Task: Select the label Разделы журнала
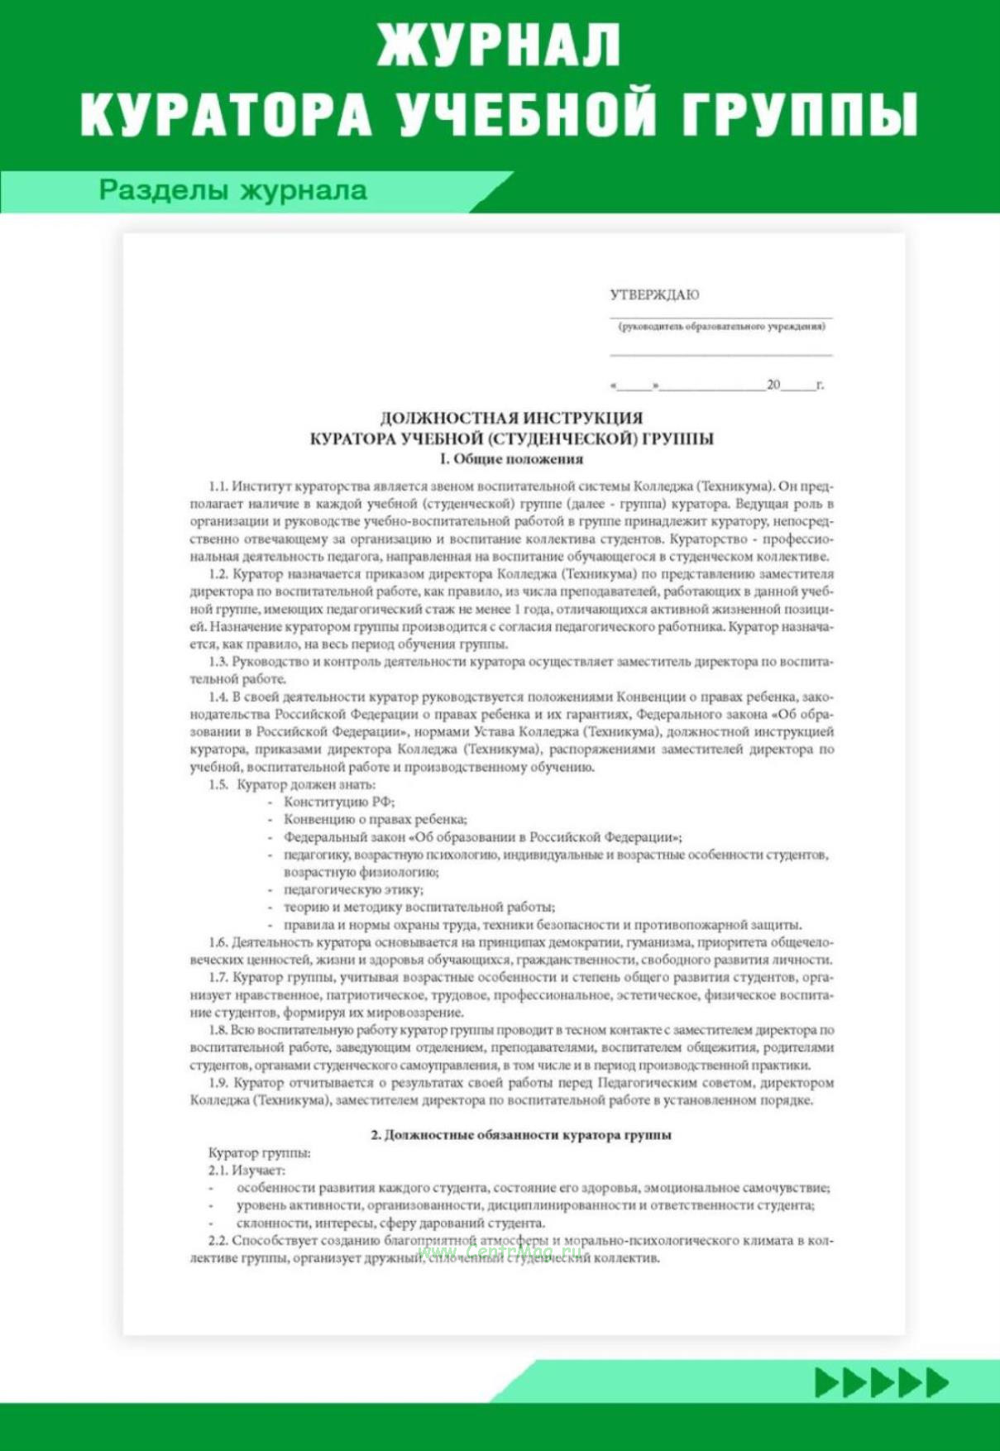[x=232, y=190]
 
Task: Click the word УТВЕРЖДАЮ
[x=654, y=295]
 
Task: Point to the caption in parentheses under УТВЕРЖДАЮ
[x=721, y=327]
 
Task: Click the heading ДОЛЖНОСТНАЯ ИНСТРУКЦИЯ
[x=511, y=418]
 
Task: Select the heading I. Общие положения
[x=511, y=459]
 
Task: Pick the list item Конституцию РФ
[x=339, y=802]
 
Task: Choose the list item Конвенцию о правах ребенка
[x=375, y=819]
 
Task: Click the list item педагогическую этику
[x=353, y=889]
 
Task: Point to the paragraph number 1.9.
[x=218, y=1082]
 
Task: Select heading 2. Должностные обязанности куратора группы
[x=520, y=1135]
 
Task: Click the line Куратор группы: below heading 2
[x=259, y=1152]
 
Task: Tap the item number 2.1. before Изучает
[x=218, y=1170]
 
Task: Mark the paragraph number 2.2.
[x=218, y=1240]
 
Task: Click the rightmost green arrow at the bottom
[x=937, y=1382]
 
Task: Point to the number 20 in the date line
[x=773, y=385]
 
